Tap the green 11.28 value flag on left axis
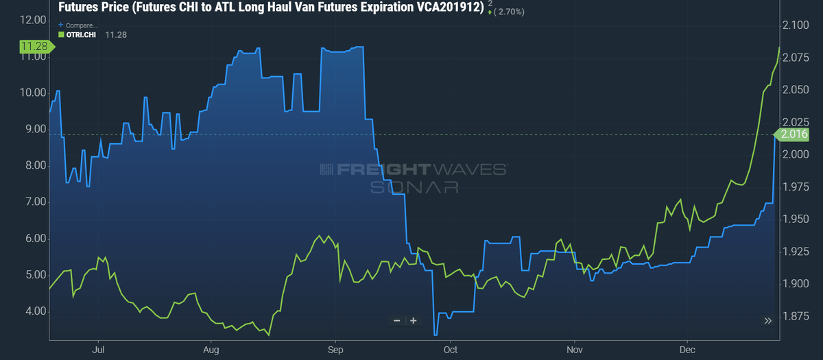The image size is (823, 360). coord(33,47)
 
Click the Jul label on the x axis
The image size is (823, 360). coord(97,349)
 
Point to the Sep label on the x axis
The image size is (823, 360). coord(335,349)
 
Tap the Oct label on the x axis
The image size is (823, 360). coord(450,349)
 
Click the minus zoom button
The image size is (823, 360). coord(396,320)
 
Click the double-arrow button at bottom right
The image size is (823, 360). coord(768,320)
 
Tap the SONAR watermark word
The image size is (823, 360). coord(414,187)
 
